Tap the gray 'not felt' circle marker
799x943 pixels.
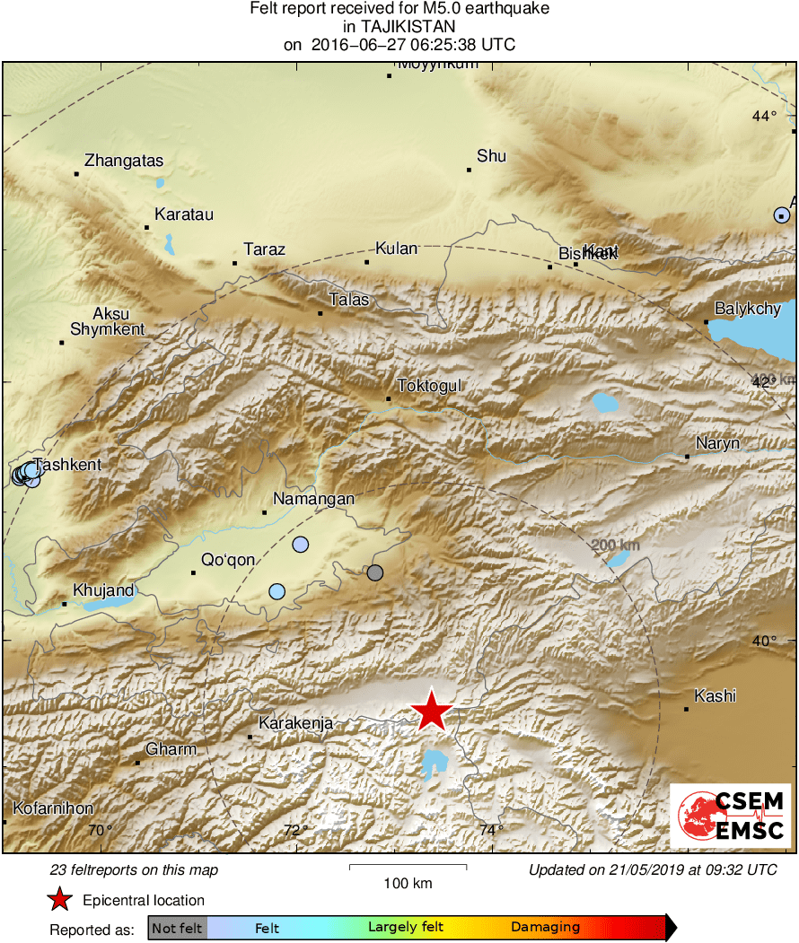(375, 572)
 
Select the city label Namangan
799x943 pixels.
(313, 499)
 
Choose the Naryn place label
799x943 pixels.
(718, 443)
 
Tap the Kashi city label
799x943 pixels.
(716, 695)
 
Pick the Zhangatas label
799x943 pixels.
(124, 162)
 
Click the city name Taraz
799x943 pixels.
(265, 249)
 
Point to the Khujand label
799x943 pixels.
(103, 589)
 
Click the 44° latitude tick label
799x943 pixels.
(765, 116)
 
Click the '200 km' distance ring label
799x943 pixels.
(616, 546)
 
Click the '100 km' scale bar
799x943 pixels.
(408, 867)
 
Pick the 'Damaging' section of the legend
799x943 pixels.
(545, 928)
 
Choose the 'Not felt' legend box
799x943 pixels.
(177, 928)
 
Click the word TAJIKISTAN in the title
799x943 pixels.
(399, 26)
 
